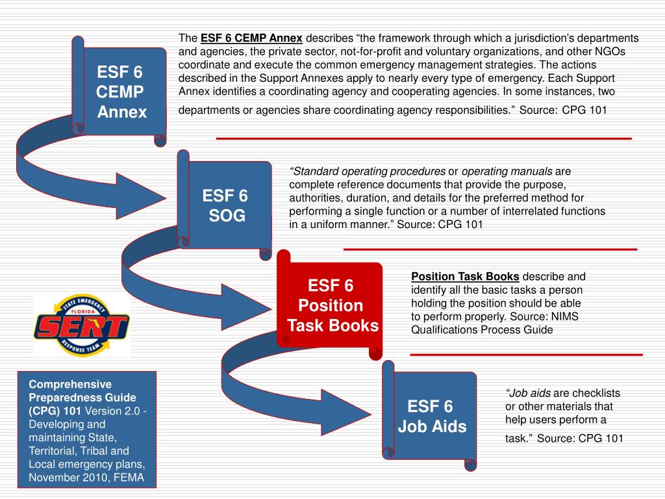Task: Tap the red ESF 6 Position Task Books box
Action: (331, 305)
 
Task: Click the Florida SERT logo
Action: (81, 325)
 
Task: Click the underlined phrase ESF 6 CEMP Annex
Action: (251, 38)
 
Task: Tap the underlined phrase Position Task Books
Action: (465, 276)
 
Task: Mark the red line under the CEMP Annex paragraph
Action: (423, 138)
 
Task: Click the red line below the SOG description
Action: (490, 249)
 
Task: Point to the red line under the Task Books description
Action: (526, 354)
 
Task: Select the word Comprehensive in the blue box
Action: (70, 383)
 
